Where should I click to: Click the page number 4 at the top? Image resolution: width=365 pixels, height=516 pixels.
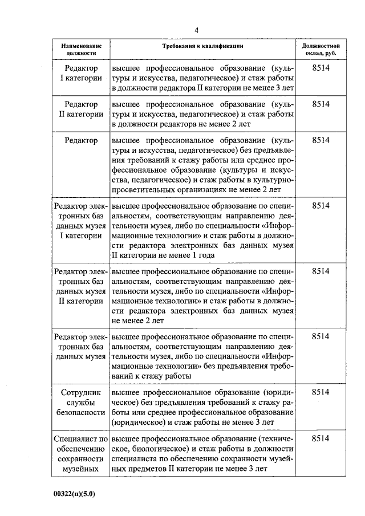196,30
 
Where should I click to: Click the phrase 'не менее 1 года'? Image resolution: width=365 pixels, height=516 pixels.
186,255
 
